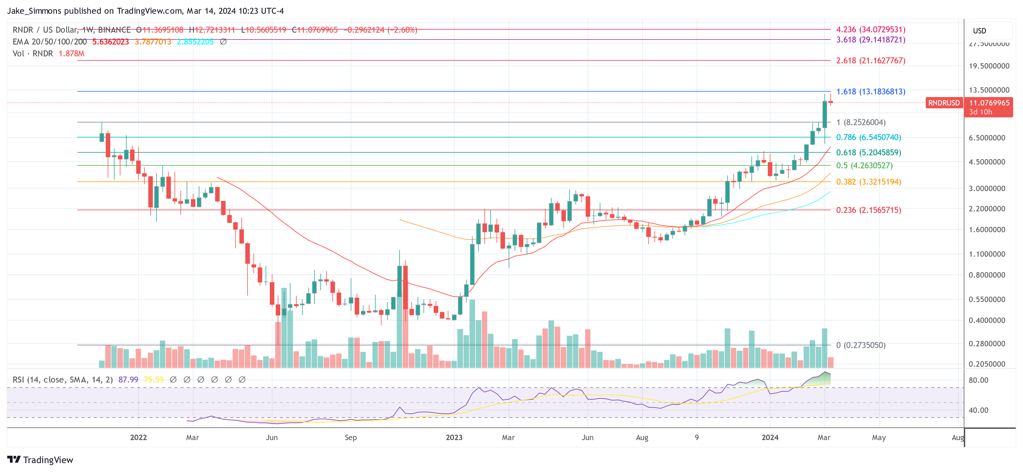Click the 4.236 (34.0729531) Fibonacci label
point(870,29)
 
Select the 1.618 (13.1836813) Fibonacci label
point(870,91)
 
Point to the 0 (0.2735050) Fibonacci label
point(861,345)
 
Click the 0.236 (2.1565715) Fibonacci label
point(868,210)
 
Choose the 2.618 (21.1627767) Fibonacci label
point(870,60)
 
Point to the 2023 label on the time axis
point(454,437)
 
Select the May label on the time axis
point(878,437)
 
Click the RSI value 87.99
point(128,379)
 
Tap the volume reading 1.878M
point(72,54)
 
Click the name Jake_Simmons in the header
point(34,11)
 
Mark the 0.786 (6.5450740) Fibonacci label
point(868,137)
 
